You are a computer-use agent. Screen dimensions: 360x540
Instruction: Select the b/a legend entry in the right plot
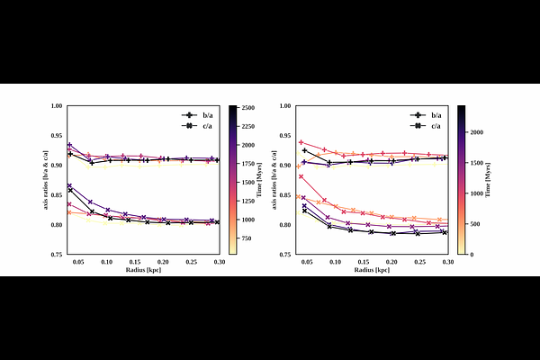click(435, 115)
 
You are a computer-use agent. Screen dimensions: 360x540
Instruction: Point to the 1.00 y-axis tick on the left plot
click(57, 106)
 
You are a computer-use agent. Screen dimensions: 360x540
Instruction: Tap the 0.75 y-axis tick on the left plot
click(57, 255)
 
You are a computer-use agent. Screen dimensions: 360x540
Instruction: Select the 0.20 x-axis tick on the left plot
click(181, 262)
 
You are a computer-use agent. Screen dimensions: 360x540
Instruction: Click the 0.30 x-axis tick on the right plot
click(447, 262)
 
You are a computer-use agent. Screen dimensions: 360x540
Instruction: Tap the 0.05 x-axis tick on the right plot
click(307, 262)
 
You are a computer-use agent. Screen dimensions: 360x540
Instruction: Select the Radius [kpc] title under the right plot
click(376, 270)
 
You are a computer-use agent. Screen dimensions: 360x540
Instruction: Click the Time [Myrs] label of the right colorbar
click(494, 181)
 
